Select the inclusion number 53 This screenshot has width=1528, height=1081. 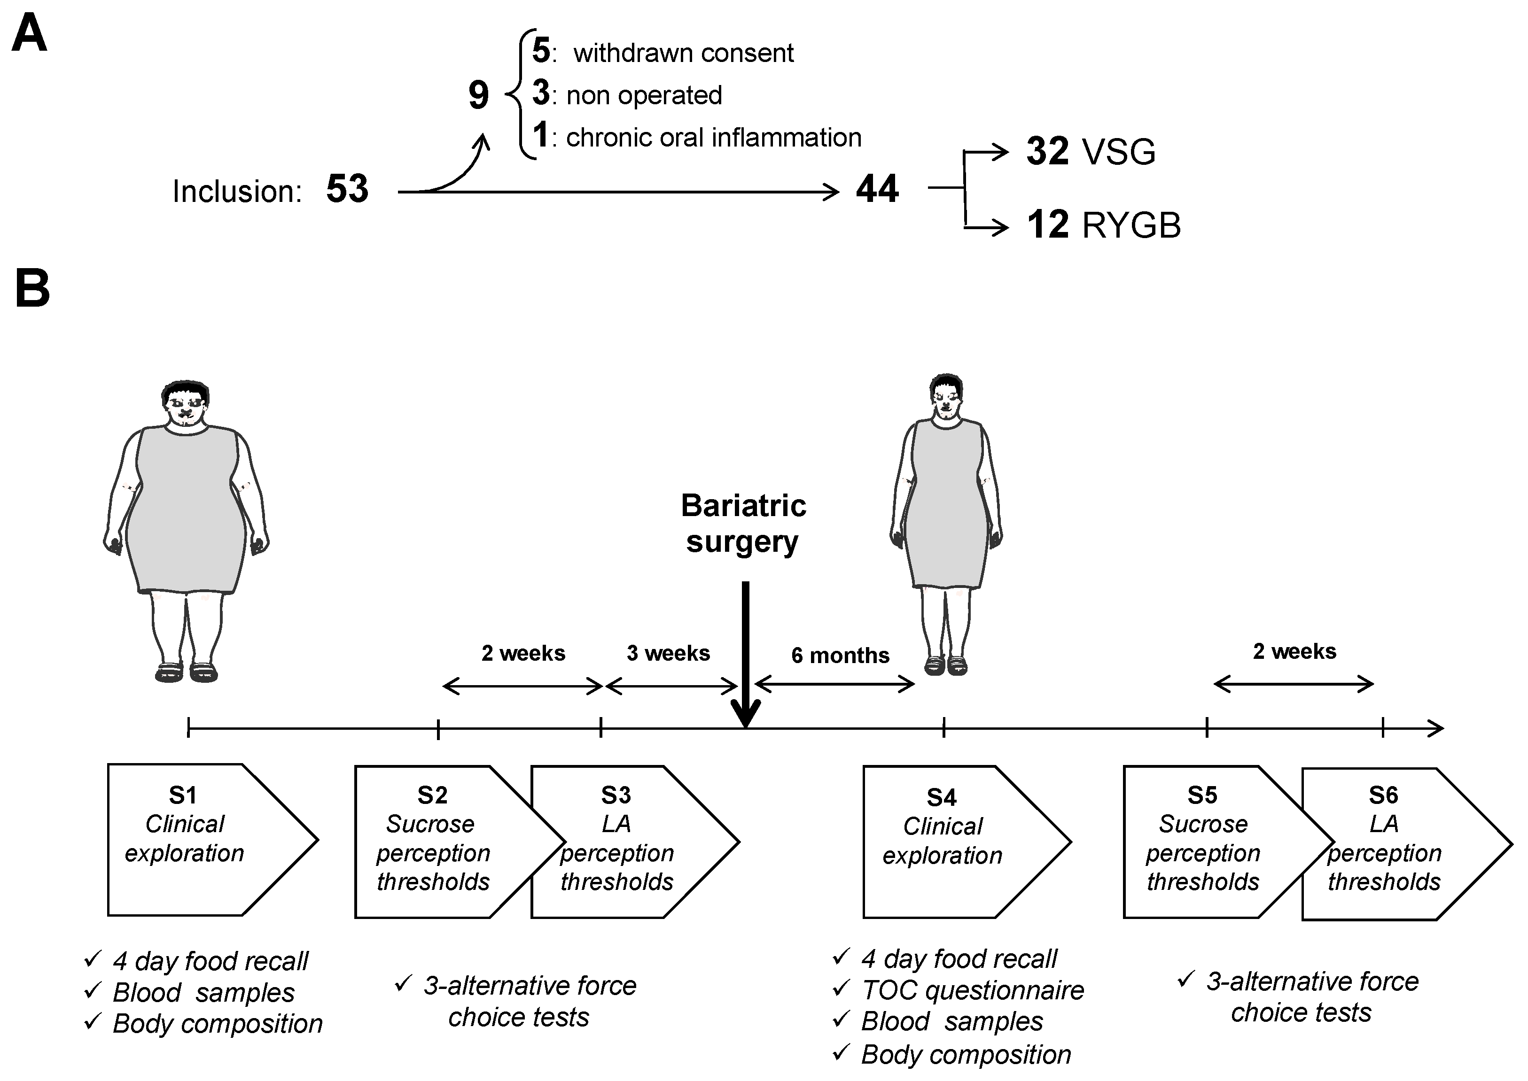347,189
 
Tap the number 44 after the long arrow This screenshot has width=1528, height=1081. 877,189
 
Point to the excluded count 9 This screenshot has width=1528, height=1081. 478,95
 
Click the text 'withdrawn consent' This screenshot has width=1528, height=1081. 683,53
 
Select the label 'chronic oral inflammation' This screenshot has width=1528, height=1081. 713,138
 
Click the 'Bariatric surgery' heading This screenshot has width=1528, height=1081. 743,524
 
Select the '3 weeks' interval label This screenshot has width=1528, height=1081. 668,653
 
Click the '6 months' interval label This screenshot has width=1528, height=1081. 840,656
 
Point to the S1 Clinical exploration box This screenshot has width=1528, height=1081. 200,839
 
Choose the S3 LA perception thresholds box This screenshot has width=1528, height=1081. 626,842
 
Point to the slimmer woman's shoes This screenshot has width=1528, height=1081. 945,665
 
